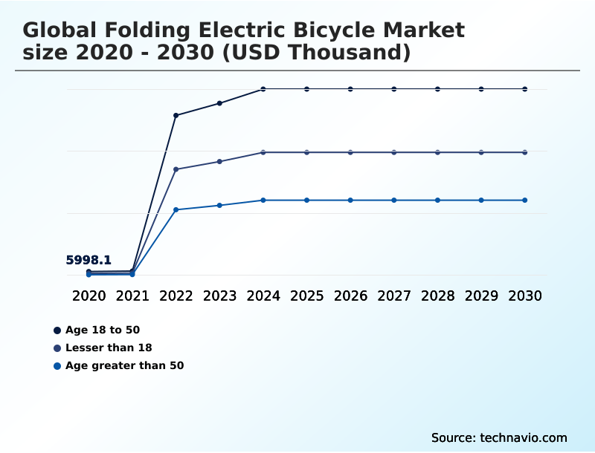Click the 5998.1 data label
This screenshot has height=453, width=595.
point(89,260)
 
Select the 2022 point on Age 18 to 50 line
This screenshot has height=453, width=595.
point(176,115)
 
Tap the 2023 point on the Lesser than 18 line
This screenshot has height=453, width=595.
point(219,161)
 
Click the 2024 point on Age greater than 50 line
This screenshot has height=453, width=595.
point(263,201)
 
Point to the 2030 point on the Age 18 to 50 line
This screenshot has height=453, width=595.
point(525,89)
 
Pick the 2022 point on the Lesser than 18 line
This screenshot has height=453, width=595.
point(176,169)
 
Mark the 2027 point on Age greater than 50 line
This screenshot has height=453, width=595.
point(394,201)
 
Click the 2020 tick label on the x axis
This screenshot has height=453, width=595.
point(89,296)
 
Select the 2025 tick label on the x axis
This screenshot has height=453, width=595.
point(306,296)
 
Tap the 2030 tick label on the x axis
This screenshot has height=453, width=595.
point(525,296)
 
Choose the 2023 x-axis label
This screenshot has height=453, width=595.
point(219,296)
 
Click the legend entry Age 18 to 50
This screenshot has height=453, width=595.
point(102,330)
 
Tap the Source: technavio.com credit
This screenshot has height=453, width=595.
point(499,437)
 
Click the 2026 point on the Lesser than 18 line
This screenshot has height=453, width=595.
point(350,152)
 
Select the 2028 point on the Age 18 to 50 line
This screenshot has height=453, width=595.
point(437,89)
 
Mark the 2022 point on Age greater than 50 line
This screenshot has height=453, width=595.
point(176,210)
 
